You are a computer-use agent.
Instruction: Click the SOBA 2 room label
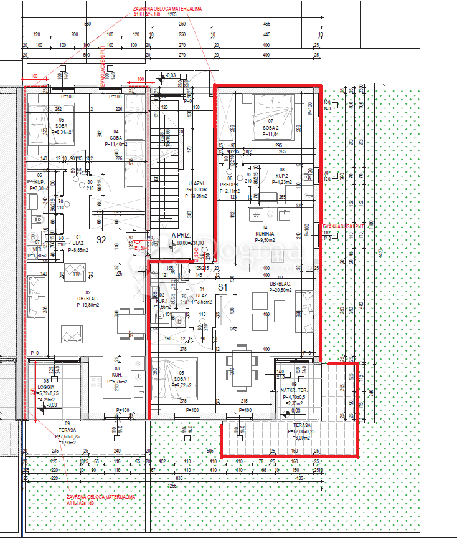271,128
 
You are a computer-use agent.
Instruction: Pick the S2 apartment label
101,239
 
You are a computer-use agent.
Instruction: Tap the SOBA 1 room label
182,380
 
